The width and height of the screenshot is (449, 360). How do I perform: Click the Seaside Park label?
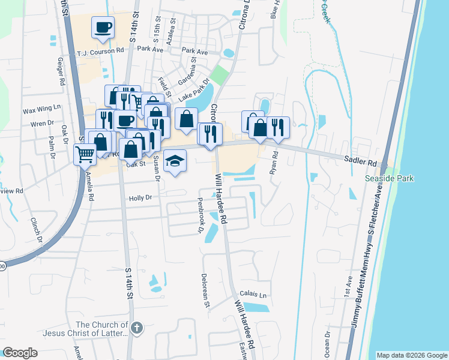[x=390, y=179]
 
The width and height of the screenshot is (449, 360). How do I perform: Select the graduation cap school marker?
[x=175, y=161]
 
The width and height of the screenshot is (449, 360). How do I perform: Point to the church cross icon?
[x=137, y=328]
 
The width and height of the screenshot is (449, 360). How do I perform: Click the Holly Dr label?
[x=139, y=197]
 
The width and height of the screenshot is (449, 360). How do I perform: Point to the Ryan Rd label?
[x=275, y=164]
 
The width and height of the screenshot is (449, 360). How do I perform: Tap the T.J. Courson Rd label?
[x=100, y=52]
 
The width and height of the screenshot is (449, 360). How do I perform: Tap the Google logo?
[x=20, y=353]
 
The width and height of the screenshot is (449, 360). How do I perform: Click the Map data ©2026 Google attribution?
[x=411, y=355]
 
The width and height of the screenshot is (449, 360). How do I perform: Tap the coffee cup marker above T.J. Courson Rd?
[x=103, y=27]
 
